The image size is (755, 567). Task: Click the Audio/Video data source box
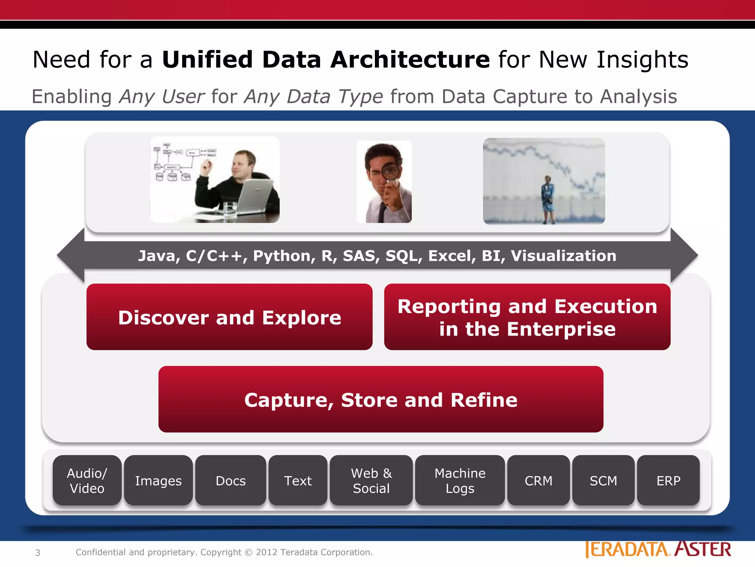coord(87,480)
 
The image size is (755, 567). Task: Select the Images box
coord(158,480)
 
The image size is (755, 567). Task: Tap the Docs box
coord(230,480)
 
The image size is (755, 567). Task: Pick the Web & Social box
coord(371,480)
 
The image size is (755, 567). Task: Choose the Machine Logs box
coord(460,480)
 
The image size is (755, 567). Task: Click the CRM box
coord(538,480)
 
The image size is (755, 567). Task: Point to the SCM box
coord(603,480)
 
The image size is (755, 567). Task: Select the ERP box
coord(668,480)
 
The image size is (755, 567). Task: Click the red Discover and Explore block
coord(229,317)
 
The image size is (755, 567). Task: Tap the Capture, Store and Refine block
coord(381,399)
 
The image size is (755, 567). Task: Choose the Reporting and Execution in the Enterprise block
coord(527,317)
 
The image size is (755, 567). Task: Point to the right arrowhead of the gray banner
coord(684,255)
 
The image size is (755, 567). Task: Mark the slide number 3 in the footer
coord(38,553)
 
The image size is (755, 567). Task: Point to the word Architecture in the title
coord(410,59)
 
